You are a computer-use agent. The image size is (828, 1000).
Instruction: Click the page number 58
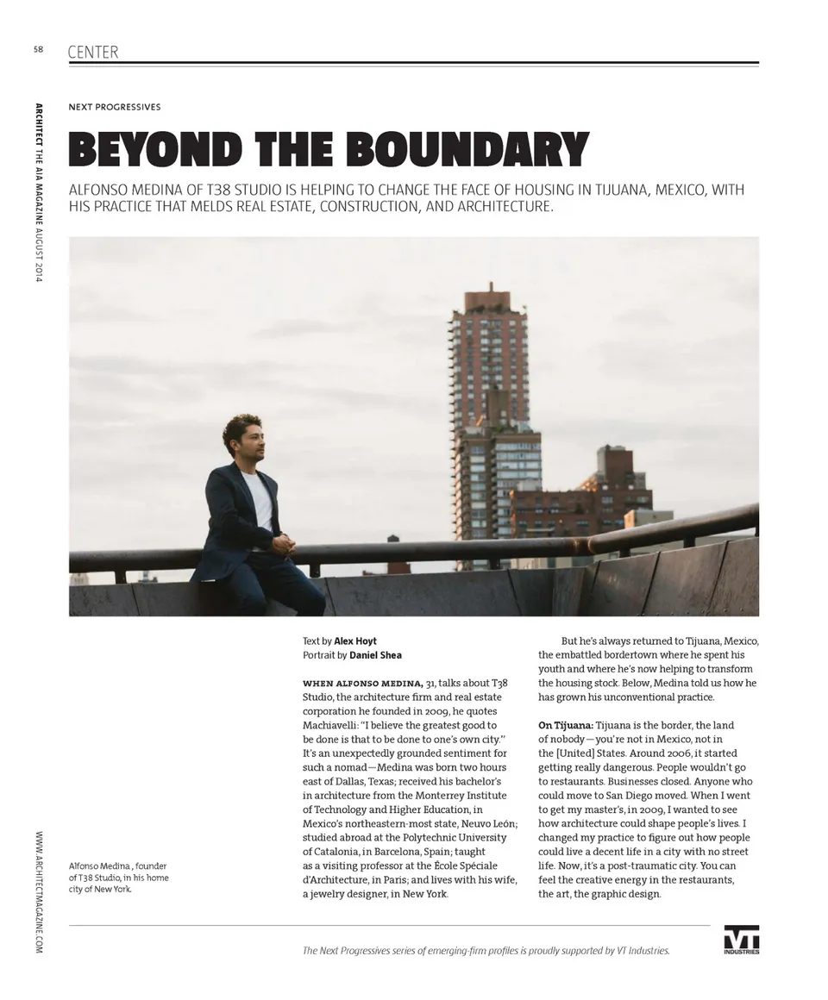coord(38,49)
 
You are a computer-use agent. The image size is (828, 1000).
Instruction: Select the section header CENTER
coord(93,53)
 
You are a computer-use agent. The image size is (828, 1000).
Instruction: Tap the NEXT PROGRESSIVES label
coord(115,107)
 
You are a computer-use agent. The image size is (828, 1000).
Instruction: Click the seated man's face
coord(250,438)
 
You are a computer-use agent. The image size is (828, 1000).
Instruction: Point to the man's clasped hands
coord(284,544)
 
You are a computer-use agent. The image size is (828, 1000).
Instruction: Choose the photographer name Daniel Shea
coord(375,655)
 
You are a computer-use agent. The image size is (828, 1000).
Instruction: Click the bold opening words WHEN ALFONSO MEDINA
coord(362,683)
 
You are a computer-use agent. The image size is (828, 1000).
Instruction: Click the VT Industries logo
coord(741,940)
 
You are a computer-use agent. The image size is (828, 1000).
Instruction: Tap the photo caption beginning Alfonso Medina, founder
coord(118,877)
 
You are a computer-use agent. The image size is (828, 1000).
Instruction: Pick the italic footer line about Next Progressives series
coord(486,950)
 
